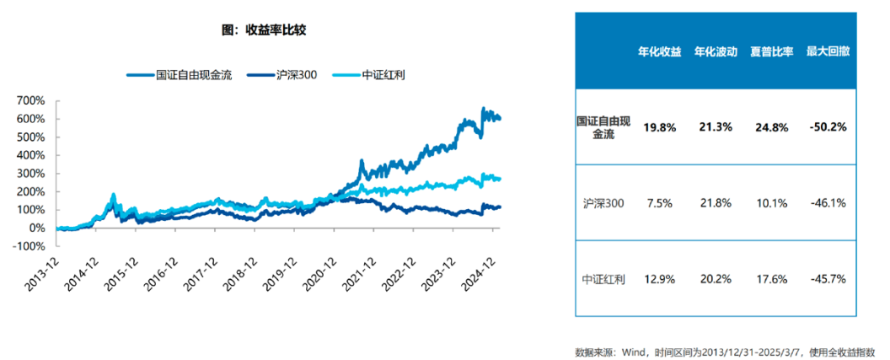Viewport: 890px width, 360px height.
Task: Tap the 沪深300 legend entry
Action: coord(292,75)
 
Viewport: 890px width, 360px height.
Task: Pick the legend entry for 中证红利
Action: coord(381,75)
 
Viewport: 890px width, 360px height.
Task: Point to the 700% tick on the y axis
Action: coord(31,100)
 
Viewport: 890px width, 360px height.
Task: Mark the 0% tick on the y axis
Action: coord(37,228)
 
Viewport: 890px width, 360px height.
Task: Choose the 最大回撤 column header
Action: coord(827,51)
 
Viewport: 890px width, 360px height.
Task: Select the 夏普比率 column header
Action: coord(771,51)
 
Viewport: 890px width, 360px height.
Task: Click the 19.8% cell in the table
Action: coord(660,127)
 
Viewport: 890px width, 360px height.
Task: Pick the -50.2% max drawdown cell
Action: coord(827,127)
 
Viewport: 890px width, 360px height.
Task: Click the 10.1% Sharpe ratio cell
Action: coord(771,202)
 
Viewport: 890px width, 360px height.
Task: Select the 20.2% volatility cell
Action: coord(716,278)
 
